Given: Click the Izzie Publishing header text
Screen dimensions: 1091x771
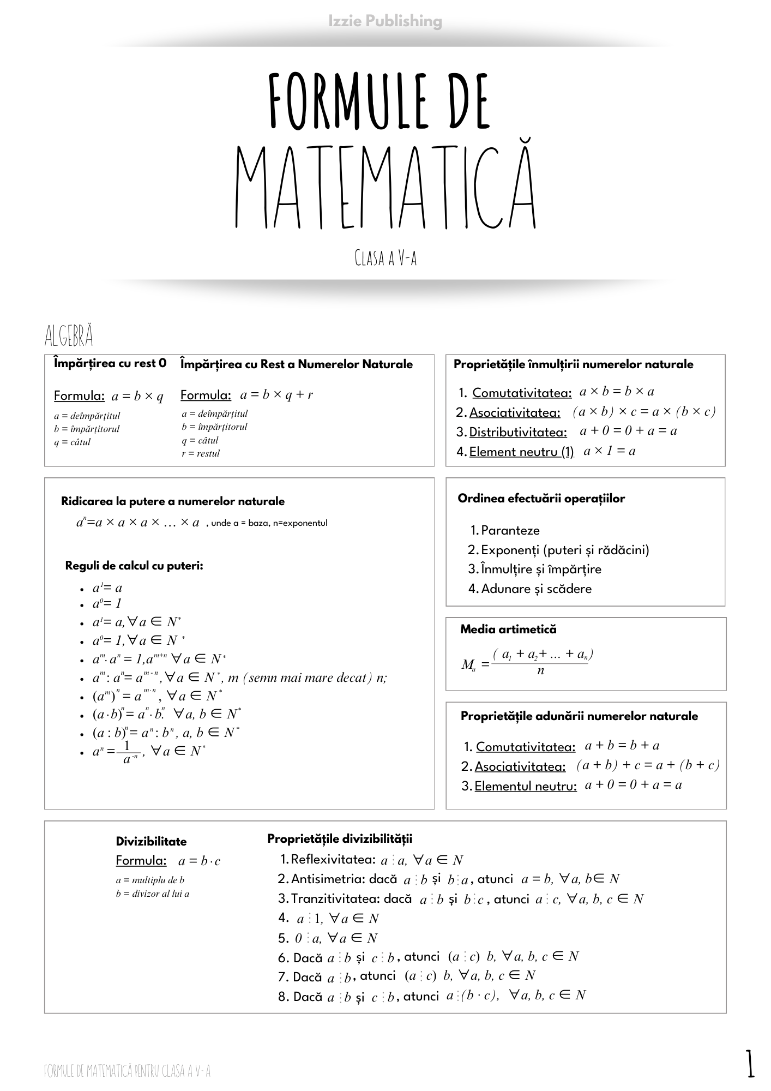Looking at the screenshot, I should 385,21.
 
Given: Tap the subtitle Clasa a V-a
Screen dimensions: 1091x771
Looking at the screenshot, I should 385,257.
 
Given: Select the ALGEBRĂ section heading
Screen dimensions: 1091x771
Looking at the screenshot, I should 69,336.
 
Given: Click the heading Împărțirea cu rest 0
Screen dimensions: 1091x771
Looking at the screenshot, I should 110,363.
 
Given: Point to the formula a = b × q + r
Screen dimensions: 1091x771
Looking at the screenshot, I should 276,394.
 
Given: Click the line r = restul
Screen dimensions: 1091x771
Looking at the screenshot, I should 201,453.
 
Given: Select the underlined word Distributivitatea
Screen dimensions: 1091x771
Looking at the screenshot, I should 518,432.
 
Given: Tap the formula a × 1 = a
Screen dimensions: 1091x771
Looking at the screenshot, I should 609,451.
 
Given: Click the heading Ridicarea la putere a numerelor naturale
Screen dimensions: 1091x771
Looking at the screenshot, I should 173,501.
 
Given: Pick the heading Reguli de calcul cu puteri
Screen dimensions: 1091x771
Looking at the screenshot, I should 134,566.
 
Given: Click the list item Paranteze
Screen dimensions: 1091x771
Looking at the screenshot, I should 510,530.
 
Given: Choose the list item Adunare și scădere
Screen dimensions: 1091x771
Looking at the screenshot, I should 536,589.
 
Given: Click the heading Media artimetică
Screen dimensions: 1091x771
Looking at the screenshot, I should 508,629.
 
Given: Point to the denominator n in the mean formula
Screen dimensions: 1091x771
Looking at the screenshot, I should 540,670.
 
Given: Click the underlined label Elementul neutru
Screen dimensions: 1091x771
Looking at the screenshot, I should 526,786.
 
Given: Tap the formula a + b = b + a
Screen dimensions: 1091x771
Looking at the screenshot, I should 622,745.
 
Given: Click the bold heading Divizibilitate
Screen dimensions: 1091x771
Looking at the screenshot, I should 151,841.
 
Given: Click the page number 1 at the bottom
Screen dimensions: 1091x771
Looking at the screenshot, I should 751,1064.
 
